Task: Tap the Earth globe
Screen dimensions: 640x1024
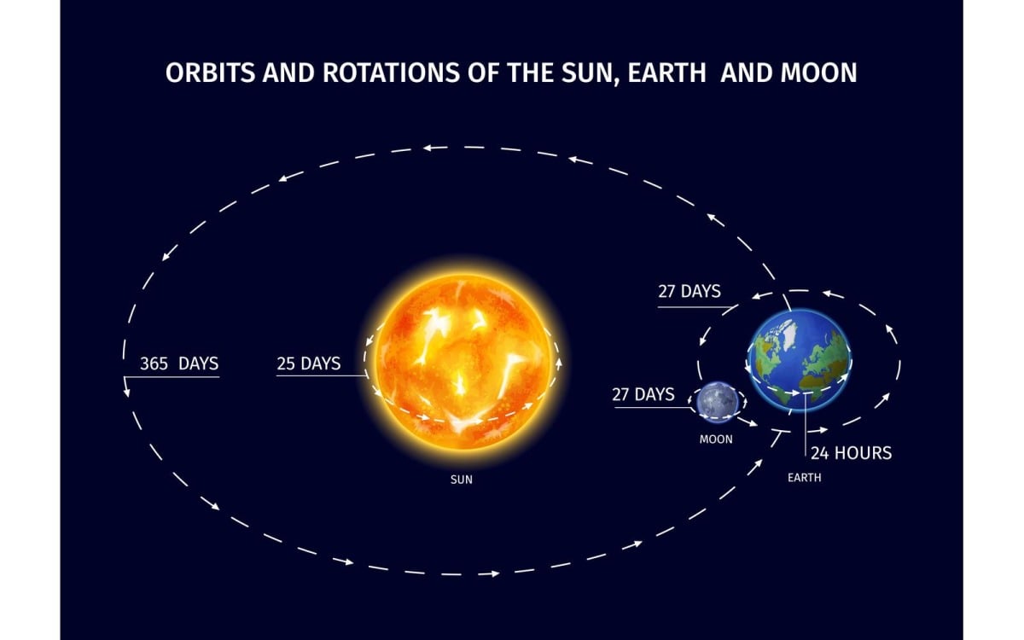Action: pos(800,360)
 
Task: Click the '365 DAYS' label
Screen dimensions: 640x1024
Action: pos(179,364)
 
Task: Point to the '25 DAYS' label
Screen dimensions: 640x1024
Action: pos(308,364)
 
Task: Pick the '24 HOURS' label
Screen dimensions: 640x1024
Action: pos(851,452)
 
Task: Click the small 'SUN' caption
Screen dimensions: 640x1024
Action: pos(462,480)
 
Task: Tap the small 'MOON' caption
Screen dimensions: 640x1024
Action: pos(716,439)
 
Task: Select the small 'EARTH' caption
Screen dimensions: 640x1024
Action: pos(804,478)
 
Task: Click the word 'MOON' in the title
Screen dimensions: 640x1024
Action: pos(818,73)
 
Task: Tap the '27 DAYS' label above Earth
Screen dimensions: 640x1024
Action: pos(689,291)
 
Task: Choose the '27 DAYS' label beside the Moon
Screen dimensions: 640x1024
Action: pos(643,394)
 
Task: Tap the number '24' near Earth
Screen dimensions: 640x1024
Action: pos(819,452)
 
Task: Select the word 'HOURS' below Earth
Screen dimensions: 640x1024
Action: pos(863,452)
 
